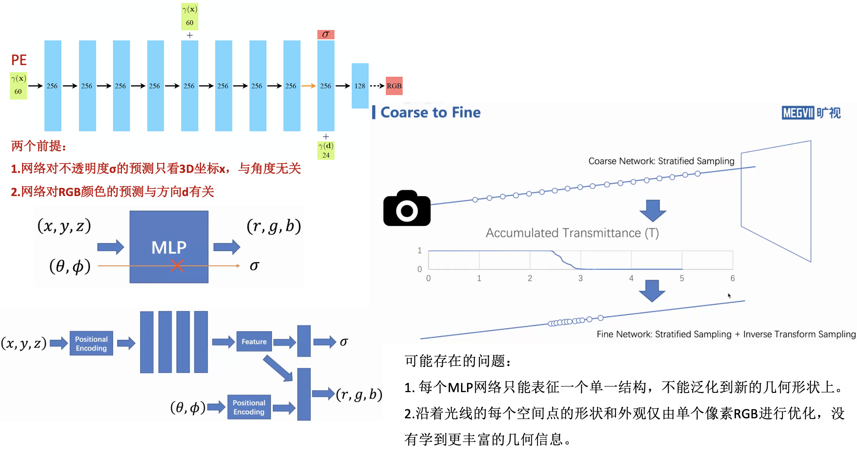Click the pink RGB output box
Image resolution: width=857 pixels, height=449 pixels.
(x=394, y=86)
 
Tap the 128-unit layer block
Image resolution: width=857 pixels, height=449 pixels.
(x=360, y=86)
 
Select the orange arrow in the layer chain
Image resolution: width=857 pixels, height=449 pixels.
(x=308, y=86)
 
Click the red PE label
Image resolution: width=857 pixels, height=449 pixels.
(x=19, y=60)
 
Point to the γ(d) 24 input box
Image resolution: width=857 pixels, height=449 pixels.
(x=326, y=150)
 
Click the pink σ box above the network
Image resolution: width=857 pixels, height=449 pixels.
(x=326, y=34)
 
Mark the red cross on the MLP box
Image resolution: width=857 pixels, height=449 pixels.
(x=177, y=266)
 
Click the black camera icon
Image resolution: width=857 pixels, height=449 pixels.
(x=407, y=208)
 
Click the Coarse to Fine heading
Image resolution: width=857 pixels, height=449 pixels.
(x=430, y=112)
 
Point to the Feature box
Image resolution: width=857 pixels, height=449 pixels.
(x=254, y=341)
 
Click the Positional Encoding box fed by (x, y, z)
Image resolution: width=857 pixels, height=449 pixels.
(x=91, y=343)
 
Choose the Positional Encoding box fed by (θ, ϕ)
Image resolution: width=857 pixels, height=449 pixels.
(x=249, y=407)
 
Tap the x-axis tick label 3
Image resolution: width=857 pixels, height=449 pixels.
(x=580, y=278)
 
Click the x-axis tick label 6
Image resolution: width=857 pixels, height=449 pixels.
(x=732, y=278)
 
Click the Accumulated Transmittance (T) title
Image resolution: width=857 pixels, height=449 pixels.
(x=572, y=233)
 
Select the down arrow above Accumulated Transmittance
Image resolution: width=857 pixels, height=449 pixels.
(x=653, y=210)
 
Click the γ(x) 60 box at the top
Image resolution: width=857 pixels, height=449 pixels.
(x=190, y=16)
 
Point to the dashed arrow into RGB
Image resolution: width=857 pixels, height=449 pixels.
(x=377, y=86)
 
